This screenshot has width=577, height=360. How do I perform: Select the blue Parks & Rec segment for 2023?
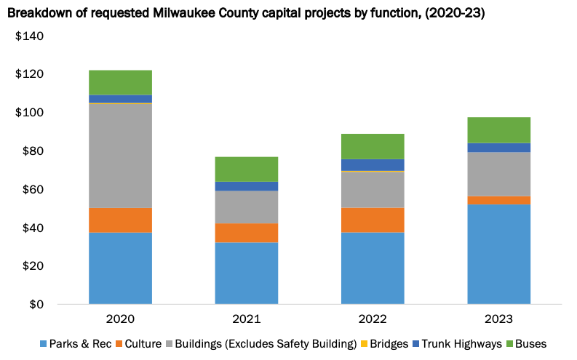(x=498, y=255)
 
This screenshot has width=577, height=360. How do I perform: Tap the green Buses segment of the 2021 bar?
(x=246, y=169)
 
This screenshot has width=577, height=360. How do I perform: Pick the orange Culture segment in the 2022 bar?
(x=373, y=220)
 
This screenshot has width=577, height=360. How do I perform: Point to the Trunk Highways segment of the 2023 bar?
(x=498, y=148)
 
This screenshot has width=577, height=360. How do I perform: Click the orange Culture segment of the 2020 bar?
(x=120, y=220)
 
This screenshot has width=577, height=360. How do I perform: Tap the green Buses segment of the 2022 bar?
(x=373, y=146)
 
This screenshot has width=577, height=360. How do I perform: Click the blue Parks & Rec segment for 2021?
(x=246, y=273)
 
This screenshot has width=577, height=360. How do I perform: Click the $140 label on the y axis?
(x=29, y=36)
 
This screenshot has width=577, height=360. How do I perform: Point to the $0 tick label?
(x=35, y=304)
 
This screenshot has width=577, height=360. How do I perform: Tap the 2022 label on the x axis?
(x=373, y=319)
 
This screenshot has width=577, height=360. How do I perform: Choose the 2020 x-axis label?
(x=120, y=319)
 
